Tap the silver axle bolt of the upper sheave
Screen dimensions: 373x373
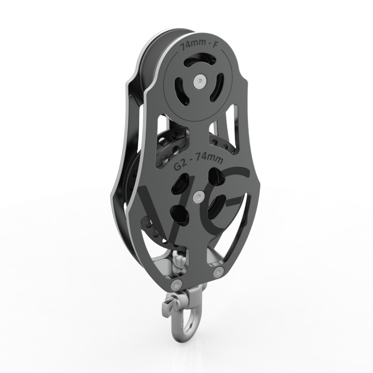pos(200,82)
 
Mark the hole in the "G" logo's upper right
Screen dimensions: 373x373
pos(215,176)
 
